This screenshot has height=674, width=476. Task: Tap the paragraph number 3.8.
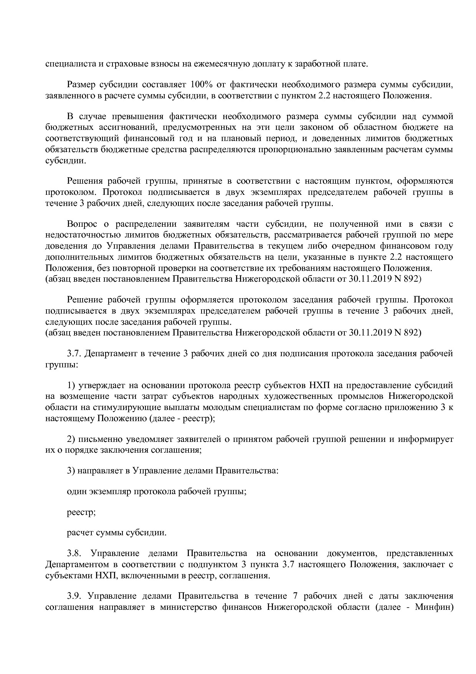[74, 554]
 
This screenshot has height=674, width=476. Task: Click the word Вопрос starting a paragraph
[81, 224]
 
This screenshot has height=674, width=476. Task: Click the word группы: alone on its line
[61, 364]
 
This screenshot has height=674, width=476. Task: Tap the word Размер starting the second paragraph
[81, 85]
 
